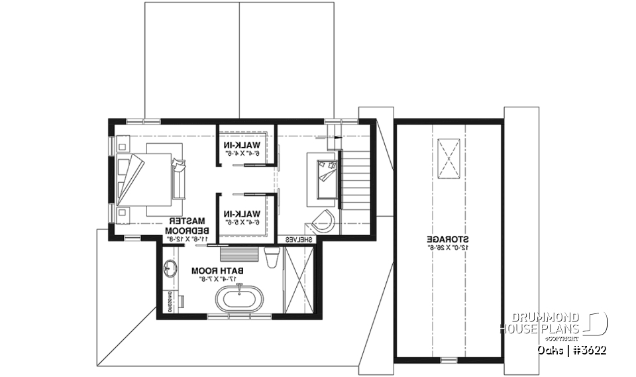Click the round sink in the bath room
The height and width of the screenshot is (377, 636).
coord(170,268)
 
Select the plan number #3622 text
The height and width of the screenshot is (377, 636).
coord(588,349)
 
